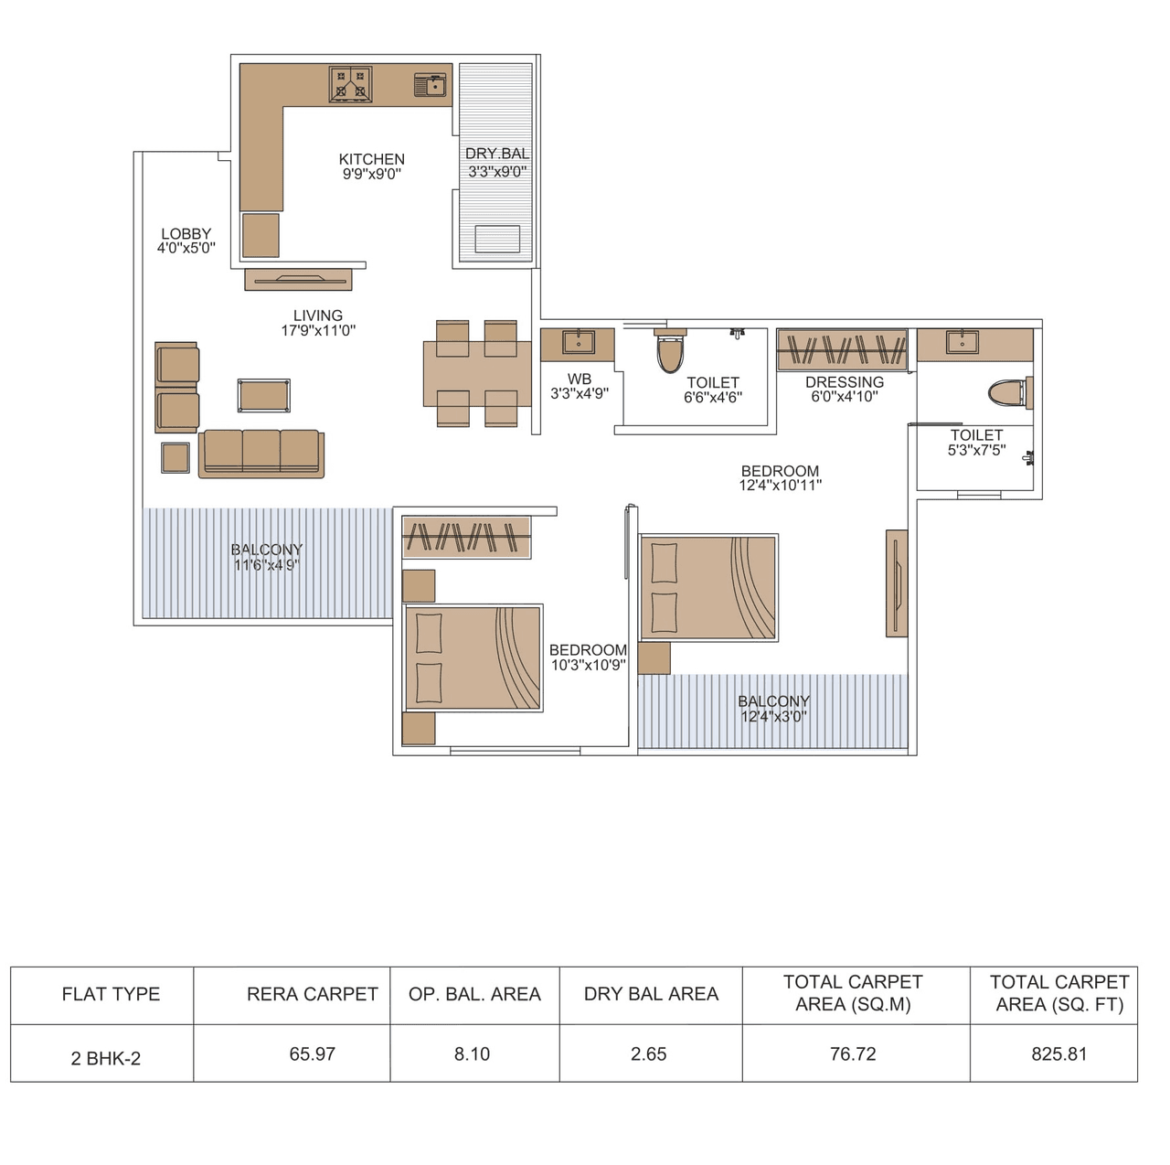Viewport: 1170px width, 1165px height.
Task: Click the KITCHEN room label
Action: click(x=371, y=159)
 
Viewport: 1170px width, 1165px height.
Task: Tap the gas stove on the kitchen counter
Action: click(x=350, y=84)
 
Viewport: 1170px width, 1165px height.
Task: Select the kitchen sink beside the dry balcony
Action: click(x=430, y=85)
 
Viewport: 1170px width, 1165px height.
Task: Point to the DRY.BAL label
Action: click(x=496, y=154)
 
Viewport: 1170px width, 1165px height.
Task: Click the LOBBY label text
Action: click(x=186, y=234)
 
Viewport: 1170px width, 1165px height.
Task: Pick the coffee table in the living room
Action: click(x=264, y=395)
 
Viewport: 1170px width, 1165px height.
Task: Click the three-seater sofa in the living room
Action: click(x=261, y=453)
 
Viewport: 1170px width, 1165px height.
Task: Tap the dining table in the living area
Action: click(x=476, y=373)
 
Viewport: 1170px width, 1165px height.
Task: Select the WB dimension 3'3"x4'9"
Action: click(x=580, y=394)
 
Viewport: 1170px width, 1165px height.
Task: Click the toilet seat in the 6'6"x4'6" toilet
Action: click(x=670, y=352)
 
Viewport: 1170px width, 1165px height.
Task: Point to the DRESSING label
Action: click(x=845, y=382)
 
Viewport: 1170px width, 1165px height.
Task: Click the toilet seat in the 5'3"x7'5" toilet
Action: click(x=1008, y=393)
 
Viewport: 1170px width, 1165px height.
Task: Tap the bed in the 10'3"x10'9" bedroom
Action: click(x=473, y=657)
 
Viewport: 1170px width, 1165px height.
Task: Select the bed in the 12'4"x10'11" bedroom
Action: click(x=708, y=587)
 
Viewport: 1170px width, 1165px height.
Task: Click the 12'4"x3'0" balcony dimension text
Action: click(x=773, y=717)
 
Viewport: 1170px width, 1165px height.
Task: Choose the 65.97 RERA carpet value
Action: click(x=312, y=1054)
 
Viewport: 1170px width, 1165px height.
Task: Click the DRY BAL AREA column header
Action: click(x=651, y=994)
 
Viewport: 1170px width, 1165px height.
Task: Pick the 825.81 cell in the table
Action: click(x=1058, y=1054)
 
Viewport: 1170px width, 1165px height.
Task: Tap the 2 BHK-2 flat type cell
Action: click(x=106, y=1059)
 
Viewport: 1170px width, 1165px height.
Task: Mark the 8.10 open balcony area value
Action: click(x=472, y=1054)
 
